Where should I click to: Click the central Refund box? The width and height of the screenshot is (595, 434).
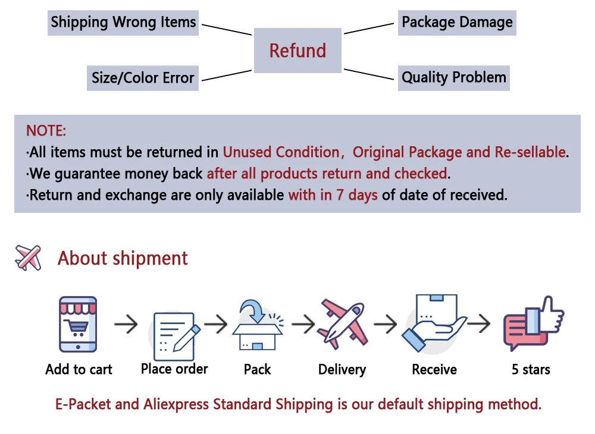[297, 51]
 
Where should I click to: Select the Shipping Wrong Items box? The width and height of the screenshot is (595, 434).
[123, 23]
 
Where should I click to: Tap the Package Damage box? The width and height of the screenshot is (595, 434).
[457, 23]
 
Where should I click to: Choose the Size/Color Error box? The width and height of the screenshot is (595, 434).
[143, 78]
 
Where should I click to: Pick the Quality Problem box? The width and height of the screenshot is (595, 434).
[453, 77]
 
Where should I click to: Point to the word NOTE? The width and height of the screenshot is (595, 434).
[46, 131]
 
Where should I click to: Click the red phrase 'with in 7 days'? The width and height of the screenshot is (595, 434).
[333, 194]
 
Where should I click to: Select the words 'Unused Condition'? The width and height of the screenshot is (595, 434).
[280, 152]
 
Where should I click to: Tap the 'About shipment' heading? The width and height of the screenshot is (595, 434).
[123, 259]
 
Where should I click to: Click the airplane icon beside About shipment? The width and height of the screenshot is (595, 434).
[29, 257]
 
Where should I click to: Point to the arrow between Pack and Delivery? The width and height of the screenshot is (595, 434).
[303, 324]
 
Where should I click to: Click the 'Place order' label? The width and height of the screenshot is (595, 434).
[174, 369]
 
